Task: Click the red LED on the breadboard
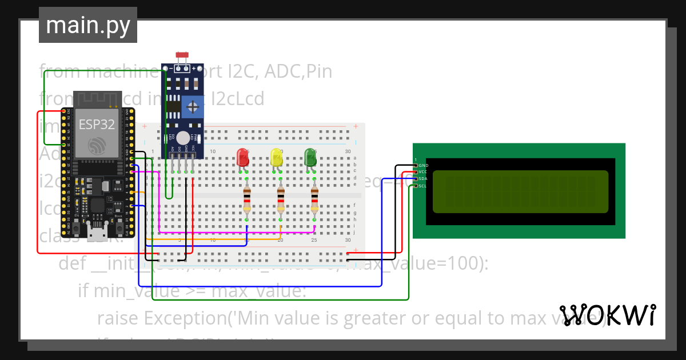[243, 158]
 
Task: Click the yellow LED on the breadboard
[277, 158]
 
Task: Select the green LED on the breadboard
[310, 158]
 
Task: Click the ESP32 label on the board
[96, 125]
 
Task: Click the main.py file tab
[88, 25]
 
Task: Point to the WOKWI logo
[607, 315]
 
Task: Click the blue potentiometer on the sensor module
[193, 107]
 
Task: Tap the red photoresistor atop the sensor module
[183, 55]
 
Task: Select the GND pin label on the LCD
[424, 165]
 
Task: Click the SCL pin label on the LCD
[422, 186]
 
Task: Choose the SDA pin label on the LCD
[423, 179]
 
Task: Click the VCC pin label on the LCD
[423, 172]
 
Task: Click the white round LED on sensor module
[183, 138]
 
